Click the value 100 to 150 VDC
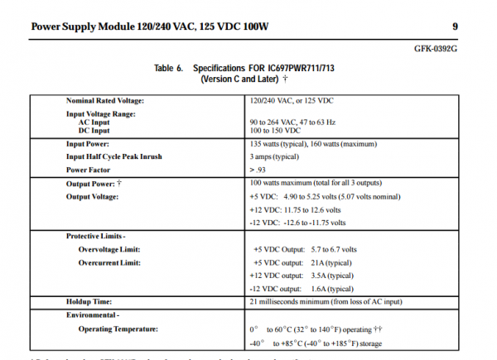tap(275, 131)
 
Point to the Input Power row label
tap(92, 143)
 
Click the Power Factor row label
tap(92, 170)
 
